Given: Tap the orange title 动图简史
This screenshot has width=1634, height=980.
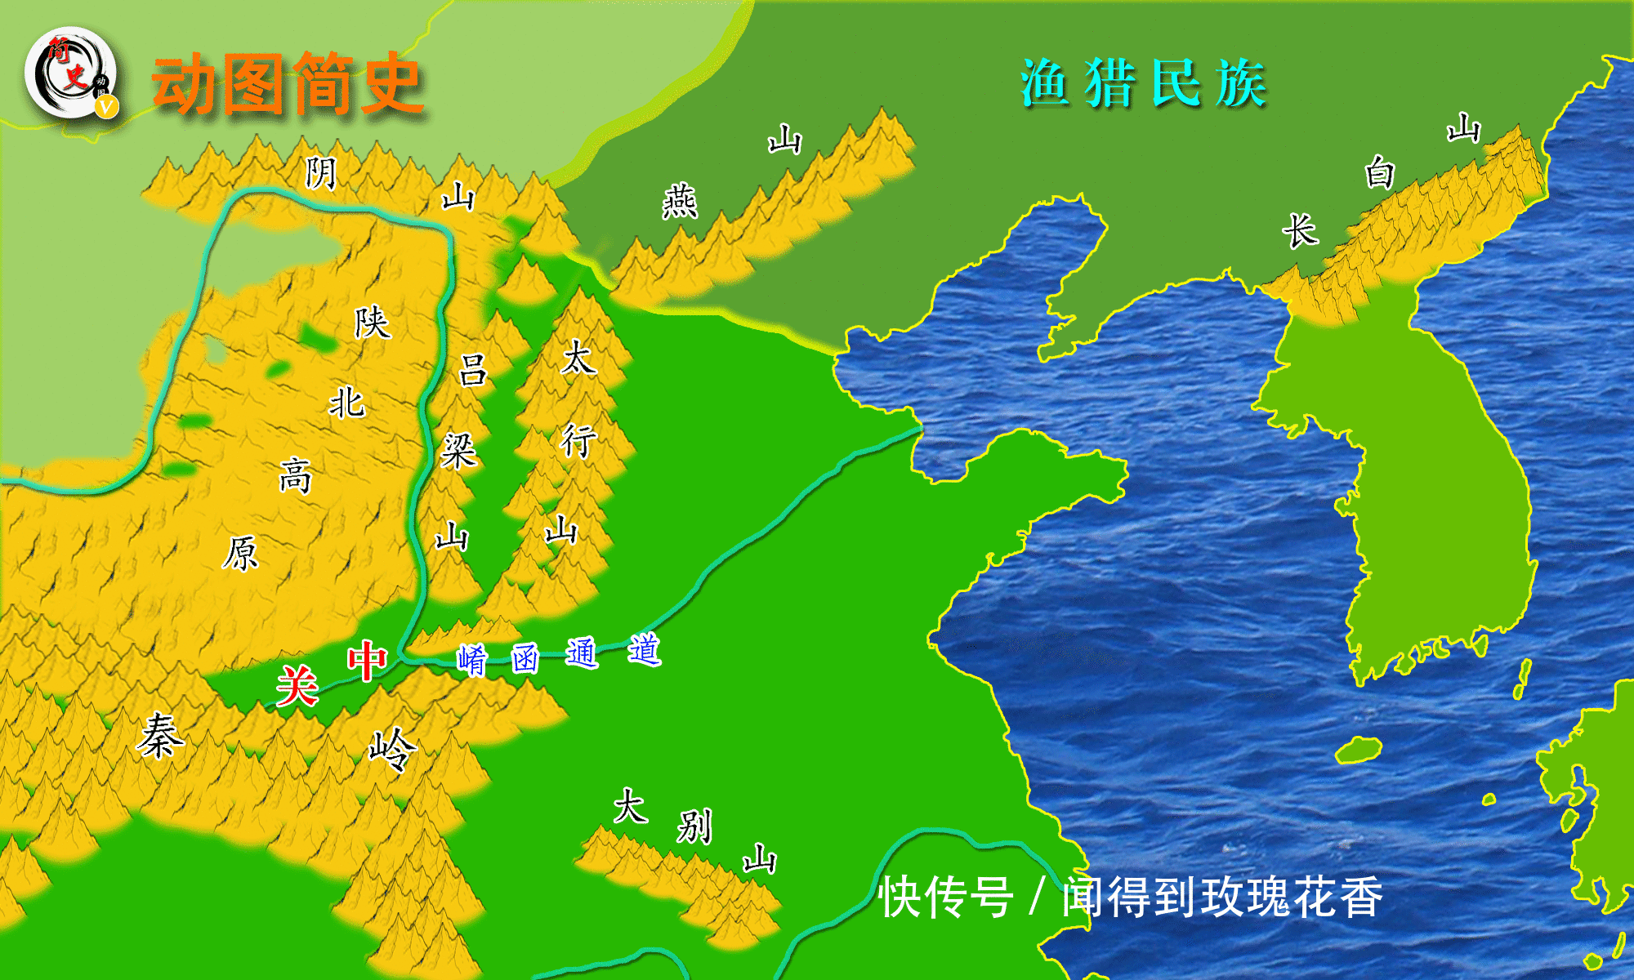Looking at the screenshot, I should pos(288,83).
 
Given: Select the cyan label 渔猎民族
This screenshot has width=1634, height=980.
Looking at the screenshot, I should pos(1143,83).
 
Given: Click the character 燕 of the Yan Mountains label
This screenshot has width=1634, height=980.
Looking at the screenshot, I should pos(680,201).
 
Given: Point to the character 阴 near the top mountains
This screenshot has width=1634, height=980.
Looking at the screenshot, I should pos(321,172).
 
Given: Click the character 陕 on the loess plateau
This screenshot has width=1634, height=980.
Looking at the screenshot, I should pos(372,323).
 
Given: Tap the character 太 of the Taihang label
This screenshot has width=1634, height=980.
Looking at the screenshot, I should pos(578,358).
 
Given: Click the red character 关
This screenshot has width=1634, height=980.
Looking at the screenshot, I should pos(297,685).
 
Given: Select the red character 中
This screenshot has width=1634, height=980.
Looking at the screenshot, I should pos(367,661).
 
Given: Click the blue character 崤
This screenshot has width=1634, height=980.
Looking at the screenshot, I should pos(472,660).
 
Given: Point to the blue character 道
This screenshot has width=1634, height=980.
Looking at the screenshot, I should pos(644,650).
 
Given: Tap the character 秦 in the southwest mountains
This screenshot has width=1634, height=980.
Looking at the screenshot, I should pos(160,735).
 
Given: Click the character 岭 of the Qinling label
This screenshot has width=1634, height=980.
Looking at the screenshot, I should pos(392,749).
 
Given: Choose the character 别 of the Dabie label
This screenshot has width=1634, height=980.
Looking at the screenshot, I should pos(694,826).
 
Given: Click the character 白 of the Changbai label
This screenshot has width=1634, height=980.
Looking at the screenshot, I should pos(1380,173).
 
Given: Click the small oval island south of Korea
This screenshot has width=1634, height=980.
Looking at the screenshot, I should pos(1359,750).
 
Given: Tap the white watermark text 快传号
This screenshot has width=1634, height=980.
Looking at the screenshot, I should pos(946,897).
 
